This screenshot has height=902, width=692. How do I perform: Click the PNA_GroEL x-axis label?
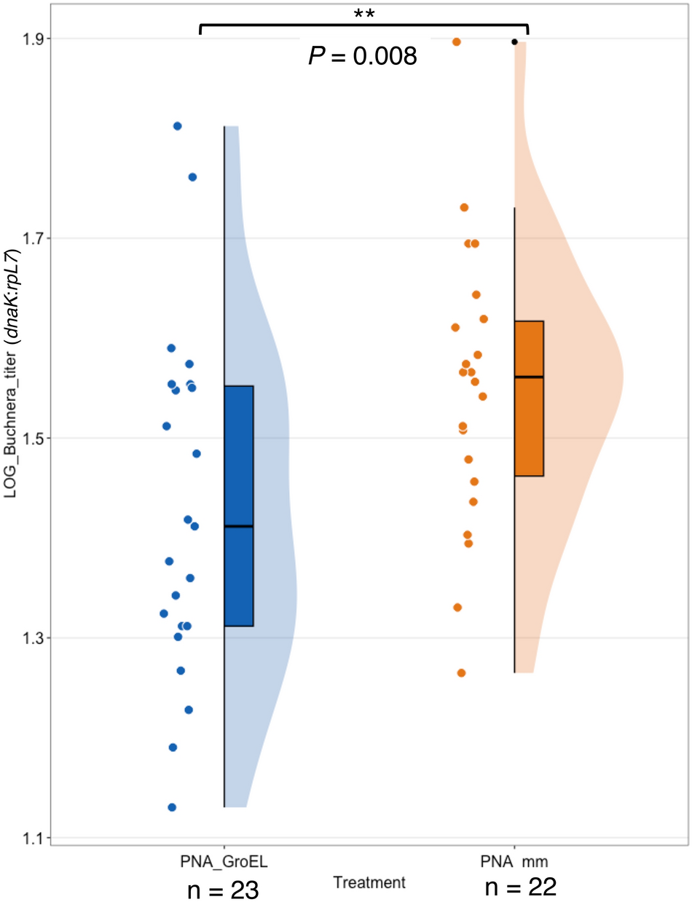click(224, 862)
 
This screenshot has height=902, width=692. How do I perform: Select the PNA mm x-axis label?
click(514, 862)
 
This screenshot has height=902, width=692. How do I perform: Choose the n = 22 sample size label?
click(521, 887)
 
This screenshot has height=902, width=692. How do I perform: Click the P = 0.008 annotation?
click(363, 55)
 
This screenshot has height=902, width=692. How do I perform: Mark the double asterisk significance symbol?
click(363, 14)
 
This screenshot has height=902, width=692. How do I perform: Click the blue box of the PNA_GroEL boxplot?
click(238, 506)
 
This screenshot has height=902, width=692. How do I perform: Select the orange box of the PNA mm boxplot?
click(529, 399)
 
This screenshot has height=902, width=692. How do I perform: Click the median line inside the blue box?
click(238, 526)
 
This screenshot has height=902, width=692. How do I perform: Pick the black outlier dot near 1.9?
click(514, 42)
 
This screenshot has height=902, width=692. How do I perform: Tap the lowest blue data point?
click(172, 807)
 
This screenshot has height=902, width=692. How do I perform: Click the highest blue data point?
click(177, 126)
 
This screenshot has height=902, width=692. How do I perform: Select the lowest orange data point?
click(461, 672)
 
